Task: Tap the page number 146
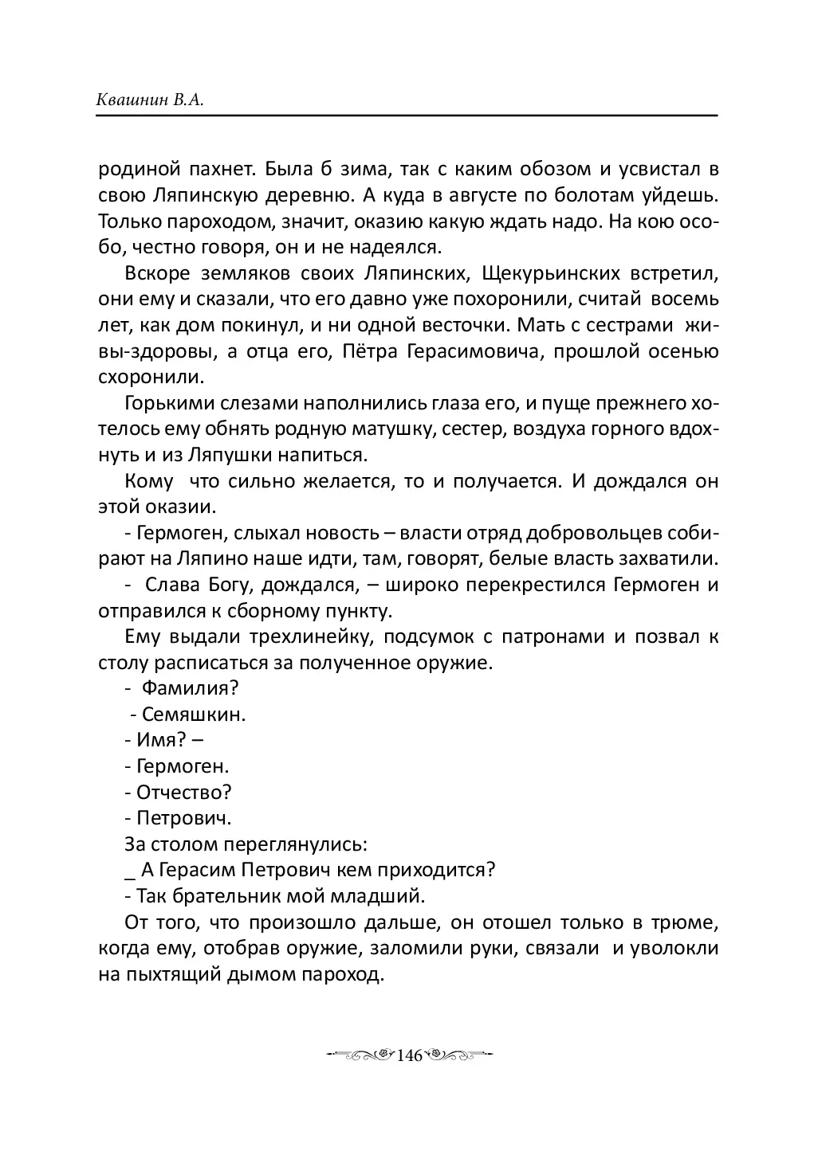(407, 1055)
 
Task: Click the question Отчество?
(184, 793)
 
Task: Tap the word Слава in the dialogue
(169, 585)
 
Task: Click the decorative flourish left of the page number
(360, 1055)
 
